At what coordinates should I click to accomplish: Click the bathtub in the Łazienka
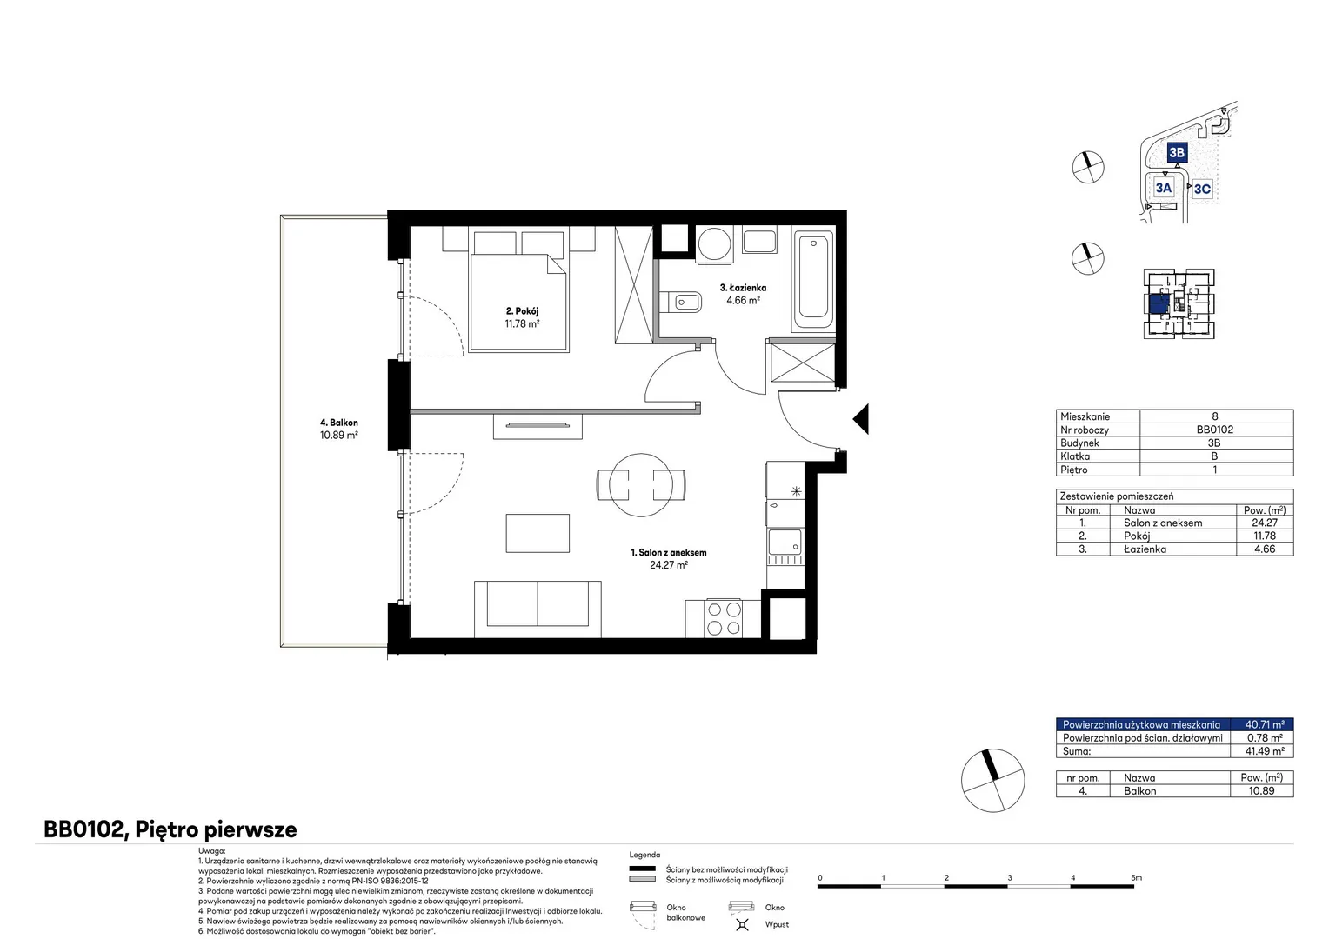click(813, 278)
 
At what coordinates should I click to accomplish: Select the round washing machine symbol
click(714, 243)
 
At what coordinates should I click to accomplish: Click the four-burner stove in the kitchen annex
click(724, 618)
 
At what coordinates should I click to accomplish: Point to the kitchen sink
click(785, 543)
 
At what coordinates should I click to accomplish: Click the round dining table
click(641, 484)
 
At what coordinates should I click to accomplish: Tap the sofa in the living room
click(538, 609)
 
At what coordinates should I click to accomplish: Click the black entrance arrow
click(861, 419)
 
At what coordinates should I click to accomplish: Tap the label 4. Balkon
click(339, 423)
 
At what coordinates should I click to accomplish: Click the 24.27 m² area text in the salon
click(669, 565)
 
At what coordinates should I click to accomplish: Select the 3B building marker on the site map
click(1177, 152)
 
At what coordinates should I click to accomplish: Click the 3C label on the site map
click(1202, 189)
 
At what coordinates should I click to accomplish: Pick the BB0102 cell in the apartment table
click(1214, 430)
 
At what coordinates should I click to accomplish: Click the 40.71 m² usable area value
click(1265, 724)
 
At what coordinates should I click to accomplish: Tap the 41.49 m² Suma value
click(1265, 751)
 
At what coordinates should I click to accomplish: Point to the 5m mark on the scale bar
click(1136, 878)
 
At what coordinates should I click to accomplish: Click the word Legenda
click(644, 855)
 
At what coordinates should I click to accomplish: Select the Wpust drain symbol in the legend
click(742, 924)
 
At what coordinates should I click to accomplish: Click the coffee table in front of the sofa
click(538, 533)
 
